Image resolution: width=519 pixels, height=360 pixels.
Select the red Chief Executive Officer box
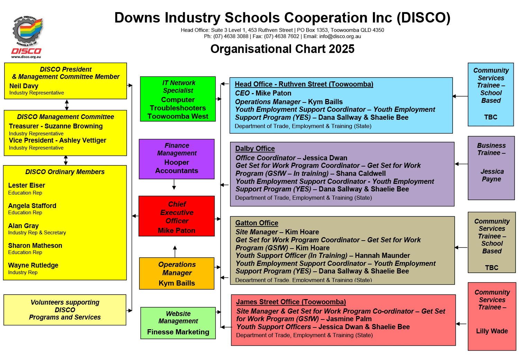pyautogui.click(x=176, y=216)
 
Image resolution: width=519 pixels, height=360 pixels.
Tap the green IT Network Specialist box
pyautogui.click(x=178, y=99)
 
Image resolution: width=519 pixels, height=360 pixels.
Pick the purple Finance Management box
pyautogui.click(x=176, y=159)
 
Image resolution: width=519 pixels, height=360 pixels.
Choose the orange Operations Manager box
pyautogui.click(x=176, y=273)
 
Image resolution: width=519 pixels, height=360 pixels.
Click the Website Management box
pyautogui.click(x=178, y=323)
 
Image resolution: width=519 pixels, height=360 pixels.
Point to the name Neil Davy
pyautogui.click(x=24, y=86)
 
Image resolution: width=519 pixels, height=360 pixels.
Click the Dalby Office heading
pyautogui.click(x=255, y=148)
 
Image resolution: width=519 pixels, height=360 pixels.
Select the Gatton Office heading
pyautogui.click(x=257, y=223)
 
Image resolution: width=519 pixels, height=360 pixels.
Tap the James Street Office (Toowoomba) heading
pyautogui.click(x=291, y=302)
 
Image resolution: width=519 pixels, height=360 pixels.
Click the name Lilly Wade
pyautogui.click(x=492, y=331)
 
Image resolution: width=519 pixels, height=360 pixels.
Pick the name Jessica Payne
pyautogui.click(x=492, y=175)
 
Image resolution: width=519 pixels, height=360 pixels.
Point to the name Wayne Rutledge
pyautogui.click(x=33, y=265)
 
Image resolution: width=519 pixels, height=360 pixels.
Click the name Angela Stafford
pyautogui.click(x=32, y=206)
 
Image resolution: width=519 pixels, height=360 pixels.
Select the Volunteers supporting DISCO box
pyautogui.click(x=65, y=310)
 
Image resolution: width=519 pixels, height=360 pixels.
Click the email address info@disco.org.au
pyautogui.click(x=340, y=36)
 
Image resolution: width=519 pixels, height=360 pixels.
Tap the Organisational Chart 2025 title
pyautogui.click(x=282, y=49)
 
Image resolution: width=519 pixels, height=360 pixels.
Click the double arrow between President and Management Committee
pyautogui.click(x=67, y=105)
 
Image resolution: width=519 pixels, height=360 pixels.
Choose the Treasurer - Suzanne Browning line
pyautogui.click(x=56, y=126)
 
